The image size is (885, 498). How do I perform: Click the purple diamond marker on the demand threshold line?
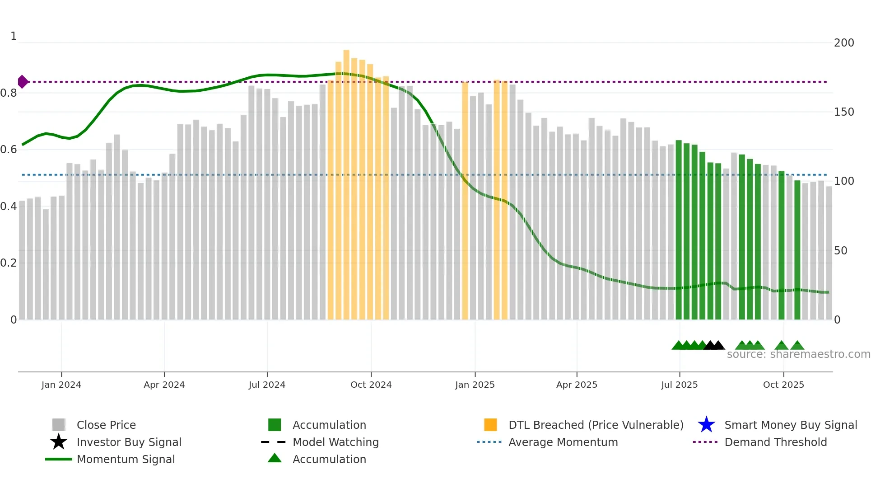[x=23, y=82]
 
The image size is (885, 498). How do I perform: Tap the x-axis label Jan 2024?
[x=61, y=385]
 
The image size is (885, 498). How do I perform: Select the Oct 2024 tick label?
[x=371, y=385]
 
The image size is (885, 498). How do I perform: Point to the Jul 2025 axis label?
[x=679, y=385]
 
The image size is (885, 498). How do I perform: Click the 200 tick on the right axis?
[x=844, y=43]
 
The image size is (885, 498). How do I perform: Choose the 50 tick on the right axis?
[x=840, y=251]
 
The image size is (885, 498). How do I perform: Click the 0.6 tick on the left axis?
[x=9, y=150]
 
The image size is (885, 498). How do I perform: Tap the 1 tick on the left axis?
[x=14, y=36]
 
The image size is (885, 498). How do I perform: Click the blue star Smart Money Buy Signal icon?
[x=706, y=425]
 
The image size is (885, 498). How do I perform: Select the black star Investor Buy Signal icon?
[x=59, y=442]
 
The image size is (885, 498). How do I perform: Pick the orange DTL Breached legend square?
[x=490, y=425]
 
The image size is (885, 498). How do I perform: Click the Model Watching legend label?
[x=335, y=442]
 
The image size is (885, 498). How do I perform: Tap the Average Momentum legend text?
[x=563, y=442]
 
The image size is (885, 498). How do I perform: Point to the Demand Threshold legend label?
[x=775, y=442]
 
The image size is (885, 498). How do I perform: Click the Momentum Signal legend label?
[x=126, y=459]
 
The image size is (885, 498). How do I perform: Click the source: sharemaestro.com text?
[x=798, y=354]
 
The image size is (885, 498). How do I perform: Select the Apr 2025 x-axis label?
[x=577, y=385]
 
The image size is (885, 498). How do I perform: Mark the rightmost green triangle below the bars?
[x=797, y=346]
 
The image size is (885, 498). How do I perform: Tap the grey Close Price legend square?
[x=59, y=425]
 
